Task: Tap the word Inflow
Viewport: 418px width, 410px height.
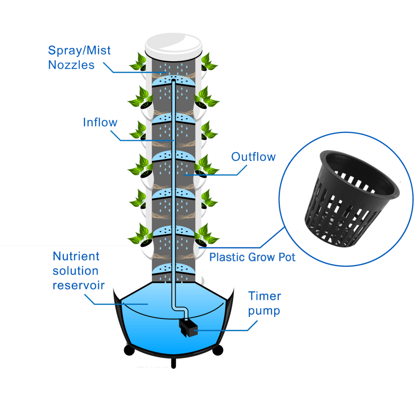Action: [x=100, y=122]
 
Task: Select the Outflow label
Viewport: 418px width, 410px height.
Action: [x=253, y=157]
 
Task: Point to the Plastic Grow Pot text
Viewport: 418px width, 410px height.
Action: [x=252, y=257]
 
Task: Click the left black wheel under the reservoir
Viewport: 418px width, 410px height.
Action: [x=129, y=350]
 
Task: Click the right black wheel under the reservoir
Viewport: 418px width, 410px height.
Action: [x=218, y=350]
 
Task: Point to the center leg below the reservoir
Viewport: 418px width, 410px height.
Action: [x=174, y=363]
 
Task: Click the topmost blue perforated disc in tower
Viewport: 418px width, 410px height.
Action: [x=173, y=81]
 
